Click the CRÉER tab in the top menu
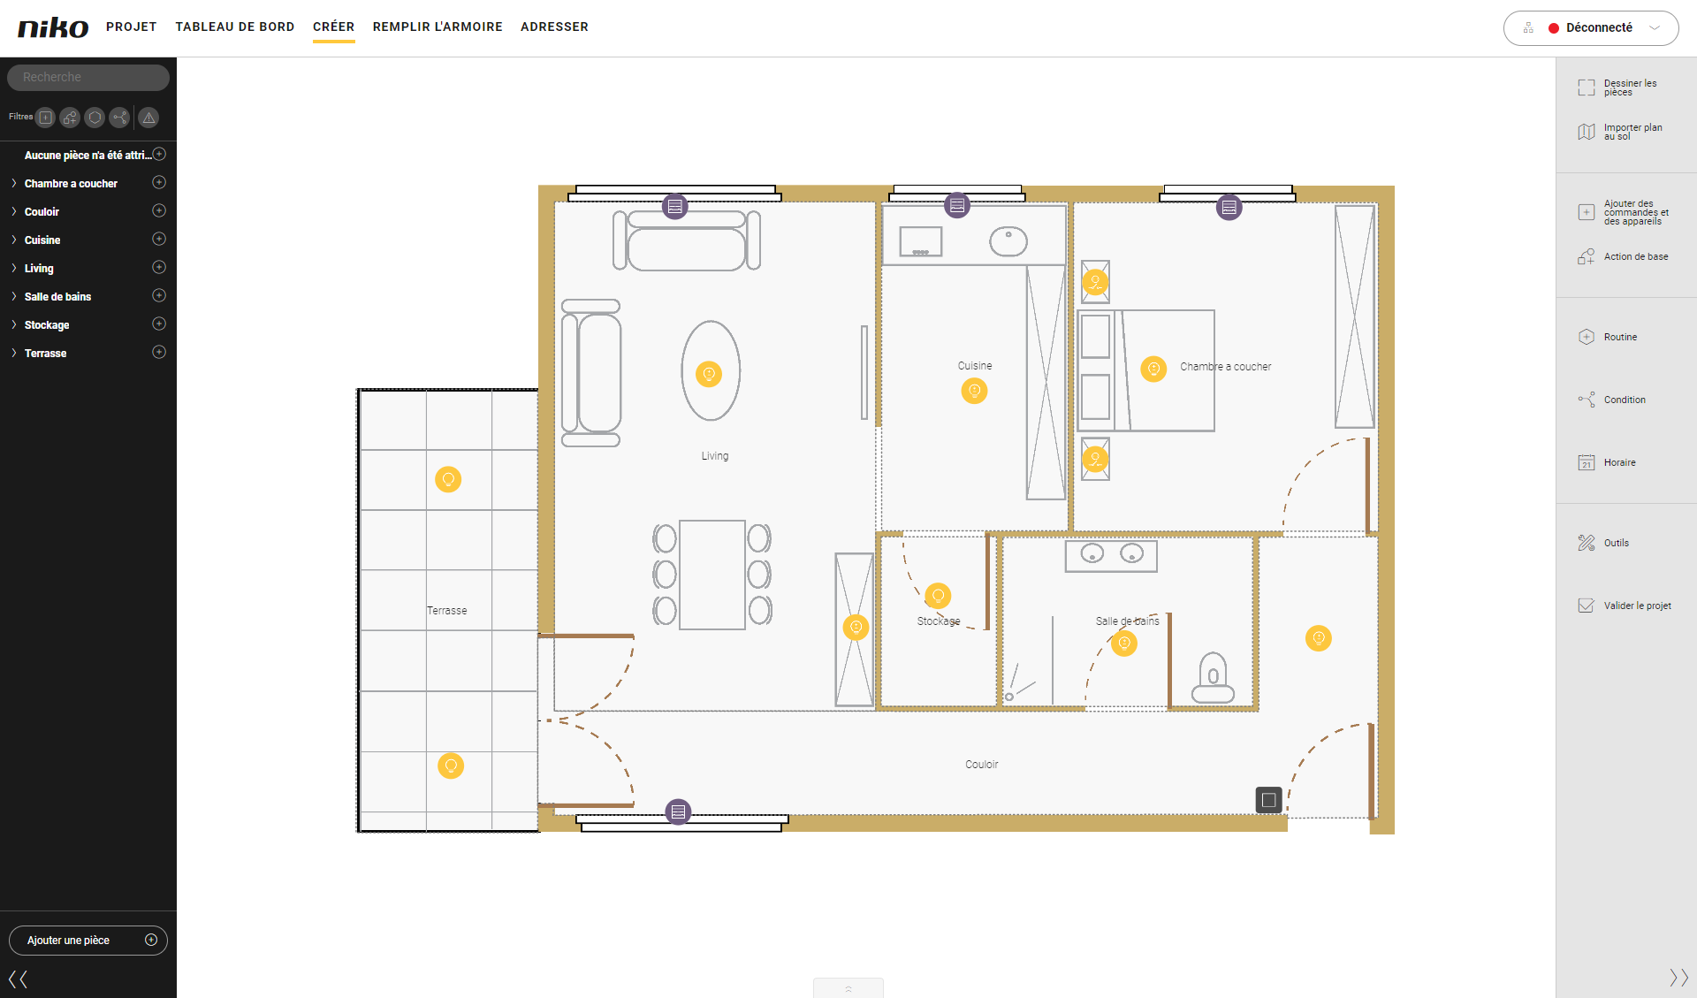coord(333,27)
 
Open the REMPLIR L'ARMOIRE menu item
coord(438,27)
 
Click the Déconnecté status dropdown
coord(1591,28)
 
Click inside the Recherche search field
coord(88,77)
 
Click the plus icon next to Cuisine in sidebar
coord(159,239)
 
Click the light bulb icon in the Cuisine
coord(974,391)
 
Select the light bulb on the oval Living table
coord(709,374)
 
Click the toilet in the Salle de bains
coord(1213,678)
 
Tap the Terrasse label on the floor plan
coord(446,611)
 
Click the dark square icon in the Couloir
coord(1268,800)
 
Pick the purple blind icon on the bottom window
coord(678,811)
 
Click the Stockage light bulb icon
coord(938,596)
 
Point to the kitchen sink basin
coord(1008,240)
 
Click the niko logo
coord(53,27)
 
